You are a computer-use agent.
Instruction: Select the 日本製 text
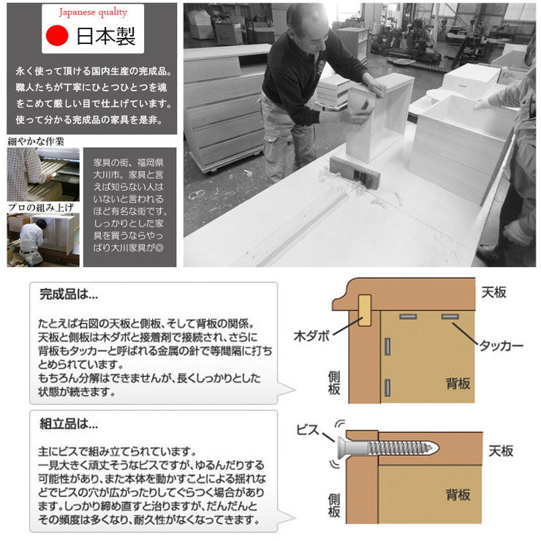105,37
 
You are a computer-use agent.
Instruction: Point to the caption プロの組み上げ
41,207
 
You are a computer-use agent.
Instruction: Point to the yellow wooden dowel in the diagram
364,311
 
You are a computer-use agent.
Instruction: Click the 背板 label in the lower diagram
458,495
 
